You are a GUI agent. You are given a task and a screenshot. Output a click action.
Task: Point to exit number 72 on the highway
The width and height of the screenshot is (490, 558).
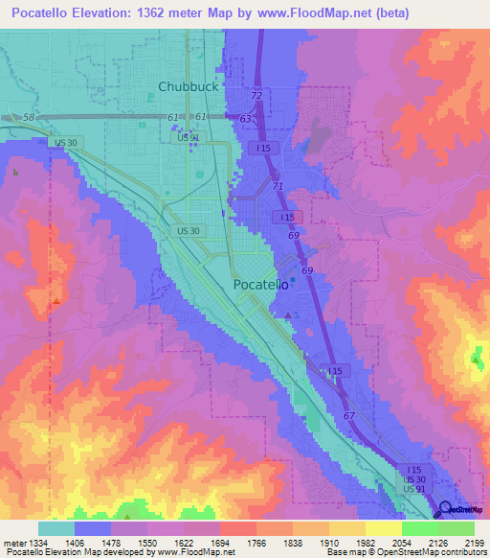point(256,97)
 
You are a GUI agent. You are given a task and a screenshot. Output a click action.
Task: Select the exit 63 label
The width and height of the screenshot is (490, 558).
point(246,118)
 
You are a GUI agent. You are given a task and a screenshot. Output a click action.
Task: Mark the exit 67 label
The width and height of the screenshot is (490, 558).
point(350,416)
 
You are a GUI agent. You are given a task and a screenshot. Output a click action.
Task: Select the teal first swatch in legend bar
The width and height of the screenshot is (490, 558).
point(56,527)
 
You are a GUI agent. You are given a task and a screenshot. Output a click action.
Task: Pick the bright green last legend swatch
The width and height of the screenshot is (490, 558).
point(457,527)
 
